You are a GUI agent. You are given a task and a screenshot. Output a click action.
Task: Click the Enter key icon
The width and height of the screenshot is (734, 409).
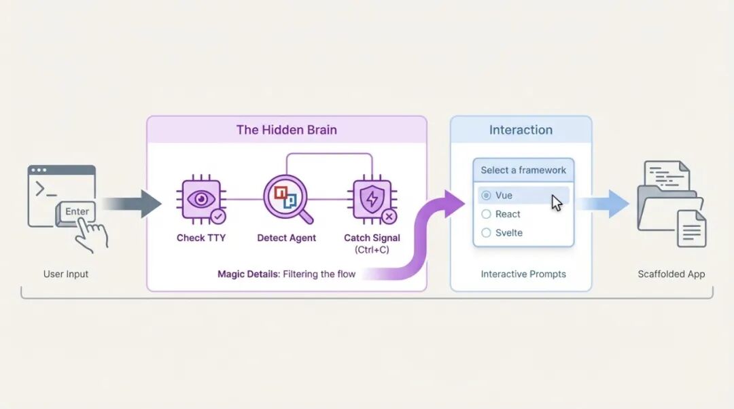tap(77, 212)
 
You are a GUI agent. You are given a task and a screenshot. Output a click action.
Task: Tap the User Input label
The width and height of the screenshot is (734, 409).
tap(66, 274)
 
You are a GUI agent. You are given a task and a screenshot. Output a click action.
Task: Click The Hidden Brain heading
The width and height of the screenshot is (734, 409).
tap(286, 130)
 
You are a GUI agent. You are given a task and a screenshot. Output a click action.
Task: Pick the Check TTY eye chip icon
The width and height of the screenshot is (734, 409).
tap(200, 200)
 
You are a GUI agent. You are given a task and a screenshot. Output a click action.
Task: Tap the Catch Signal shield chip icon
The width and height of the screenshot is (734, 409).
tap(372, 200)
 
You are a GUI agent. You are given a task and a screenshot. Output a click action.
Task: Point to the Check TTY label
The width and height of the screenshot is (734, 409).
tap(200, 238)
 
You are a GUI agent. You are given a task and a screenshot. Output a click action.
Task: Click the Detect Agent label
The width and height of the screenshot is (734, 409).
tap(286, 238)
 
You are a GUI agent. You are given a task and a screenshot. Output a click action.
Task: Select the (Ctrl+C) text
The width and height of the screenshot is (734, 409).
tap(372, 250)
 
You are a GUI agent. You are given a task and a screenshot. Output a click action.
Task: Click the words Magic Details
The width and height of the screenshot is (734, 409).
tap(248, 274)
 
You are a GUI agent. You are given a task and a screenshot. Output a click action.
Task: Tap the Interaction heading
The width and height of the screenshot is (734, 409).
tap(521, 130)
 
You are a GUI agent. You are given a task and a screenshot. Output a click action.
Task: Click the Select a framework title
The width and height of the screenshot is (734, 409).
tap(523, 171)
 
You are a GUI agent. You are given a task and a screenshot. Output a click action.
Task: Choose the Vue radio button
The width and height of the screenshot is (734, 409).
tap(486, 196)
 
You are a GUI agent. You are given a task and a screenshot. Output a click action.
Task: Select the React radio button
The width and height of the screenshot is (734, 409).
tap(486, 214)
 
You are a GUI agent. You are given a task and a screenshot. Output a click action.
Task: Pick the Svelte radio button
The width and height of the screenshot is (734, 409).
tap(486, 233)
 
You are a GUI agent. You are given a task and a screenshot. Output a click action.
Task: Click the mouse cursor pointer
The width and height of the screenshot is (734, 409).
tap(557, 202)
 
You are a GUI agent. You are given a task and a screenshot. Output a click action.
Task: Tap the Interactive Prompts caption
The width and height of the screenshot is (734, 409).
tap(523, 274)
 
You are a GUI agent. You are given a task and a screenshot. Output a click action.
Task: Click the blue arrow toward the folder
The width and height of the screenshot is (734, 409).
tap(606, 204)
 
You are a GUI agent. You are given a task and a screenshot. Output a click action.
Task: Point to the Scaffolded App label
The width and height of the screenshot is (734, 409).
tap(671, 274)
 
